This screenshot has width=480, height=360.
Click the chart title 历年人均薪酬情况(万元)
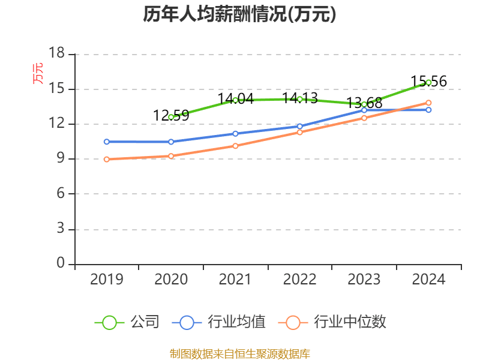pos(239,14)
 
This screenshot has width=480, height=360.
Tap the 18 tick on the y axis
pos(57,54)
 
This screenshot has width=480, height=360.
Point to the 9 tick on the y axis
pos(60,159)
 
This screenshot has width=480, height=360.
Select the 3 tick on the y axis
pos(60,229)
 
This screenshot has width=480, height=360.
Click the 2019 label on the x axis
pos(106,280)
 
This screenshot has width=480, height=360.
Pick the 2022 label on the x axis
pos(299,280)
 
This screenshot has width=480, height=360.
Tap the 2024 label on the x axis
pos(428,280)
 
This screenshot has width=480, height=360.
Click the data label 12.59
pos(171,116)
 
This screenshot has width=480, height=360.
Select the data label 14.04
pos(235,99)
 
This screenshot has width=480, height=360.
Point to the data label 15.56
pos(428,82)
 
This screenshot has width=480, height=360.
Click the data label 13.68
pos(364,103)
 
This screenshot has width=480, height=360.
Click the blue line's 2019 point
pos(106,142)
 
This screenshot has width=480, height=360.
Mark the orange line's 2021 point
pos(235,146)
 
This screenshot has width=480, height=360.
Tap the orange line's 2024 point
pos(428,103)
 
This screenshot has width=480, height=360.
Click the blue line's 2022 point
pos(300,127)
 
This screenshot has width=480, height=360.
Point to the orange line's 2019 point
pos(106,160)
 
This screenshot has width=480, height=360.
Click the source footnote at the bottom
pos(240,353)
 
